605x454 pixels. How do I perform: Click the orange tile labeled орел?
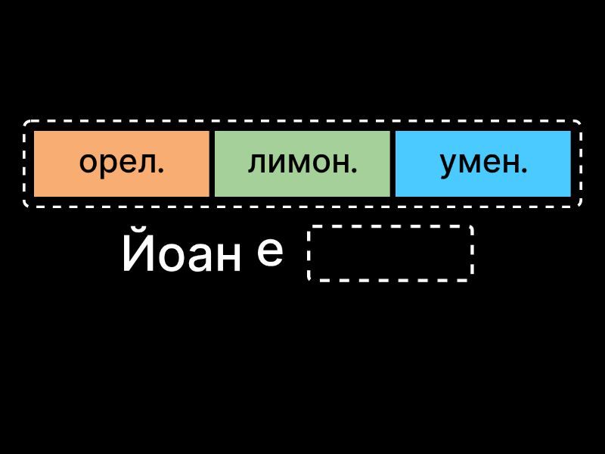point(121,163)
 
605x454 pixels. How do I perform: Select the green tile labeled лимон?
point(302,163)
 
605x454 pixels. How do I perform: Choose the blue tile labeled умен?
point(483,163)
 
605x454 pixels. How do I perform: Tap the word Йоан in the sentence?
point(181,255)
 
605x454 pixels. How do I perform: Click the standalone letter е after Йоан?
point(270,252)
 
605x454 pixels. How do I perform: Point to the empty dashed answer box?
point(390,253)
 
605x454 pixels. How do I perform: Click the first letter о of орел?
point(89,164)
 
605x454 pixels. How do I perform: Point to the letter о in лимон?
point(319,164)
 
